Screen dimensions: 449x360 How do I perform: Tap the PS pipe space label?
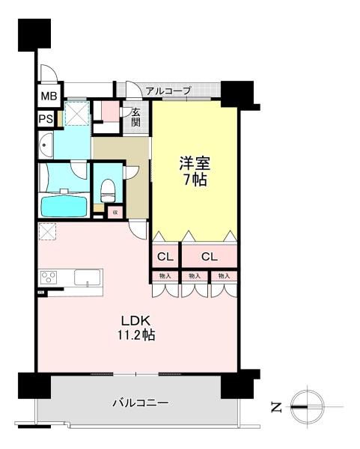46,117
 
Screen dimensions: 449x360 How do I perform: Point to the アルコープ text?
168,91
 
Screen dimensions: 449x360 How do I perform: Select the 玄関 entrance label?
136,116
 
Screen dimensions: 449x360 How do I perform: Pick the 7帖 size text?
193,180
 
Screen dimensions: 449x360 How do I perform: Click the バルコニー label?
141,403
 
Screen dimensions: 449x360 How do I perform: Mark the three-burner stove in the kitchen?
49,278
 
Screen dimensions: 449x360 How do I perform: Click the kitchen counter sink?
88,278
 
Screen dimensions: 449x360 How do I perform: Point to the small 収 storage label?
116,212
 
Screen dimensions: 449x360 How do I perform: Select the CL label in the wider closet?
209,257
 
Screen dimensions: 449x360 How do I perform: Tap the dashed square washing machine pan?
77,114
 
